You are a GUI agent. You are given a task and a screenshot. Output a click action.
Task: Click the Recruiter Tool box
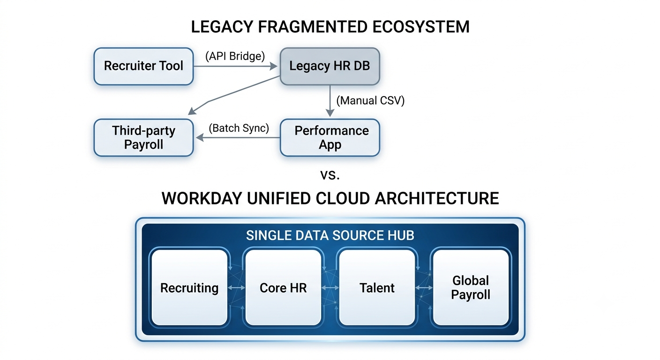(143, 66)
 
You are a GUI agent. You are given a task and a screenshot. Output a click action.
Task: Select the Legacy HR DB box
(330, 66)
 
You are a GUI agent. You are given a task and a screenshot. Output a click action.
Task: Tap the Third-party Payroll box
(143, 137)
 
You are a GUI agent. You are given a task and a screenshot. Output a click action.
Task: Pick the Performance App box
(330, 137)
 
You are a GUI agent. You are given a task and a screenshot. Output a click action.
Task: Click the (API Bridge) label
(235, 56)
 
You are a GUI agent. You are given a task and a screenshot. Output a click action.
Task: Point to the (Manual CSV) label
(370, 100)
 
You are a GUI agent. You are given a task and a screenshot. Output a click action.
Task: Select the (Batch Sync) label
(239, 128)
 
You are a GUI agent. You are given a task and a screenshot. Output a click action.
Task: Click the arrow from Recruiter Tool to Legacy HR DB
(235, 66)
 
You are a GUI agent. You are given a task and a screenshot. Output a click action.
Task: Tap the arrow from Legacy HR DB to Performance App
(330, 101)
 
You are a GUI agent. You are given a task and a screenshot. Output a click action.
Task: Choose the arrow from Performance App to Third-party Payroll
(238, 137)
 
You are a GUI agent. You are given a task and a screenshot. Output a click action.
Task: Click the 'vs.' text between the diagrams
(330, 175)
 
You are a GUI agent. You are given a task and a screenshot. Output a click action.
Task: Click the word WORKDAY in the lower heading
(202, 198)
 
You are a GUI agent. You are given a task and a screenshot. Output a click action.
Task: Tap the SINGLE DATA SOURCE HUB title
(330, 235)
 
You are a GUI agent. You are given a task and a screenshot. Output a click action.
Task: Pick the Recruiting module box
(189, 287)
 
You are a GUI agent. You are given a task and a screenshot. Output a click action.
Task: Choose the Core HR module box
(283, 287)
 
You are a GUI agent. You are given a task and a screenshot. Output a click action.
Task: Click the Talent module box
(377, 287)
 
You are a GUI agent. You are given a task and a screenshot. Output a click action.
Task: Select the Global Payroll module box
(471, 287)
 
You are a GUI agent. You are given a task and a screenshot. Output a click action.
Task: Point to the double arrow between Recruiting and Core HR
(236, 287)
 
